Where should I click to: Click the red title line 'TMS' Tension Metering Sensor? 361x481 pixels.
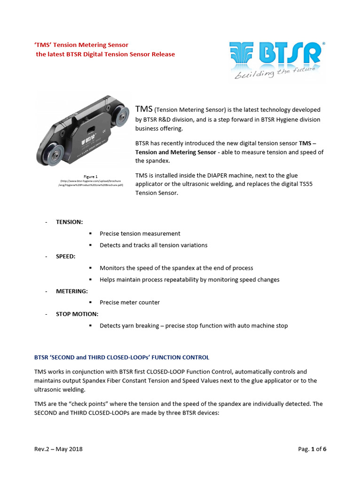81,45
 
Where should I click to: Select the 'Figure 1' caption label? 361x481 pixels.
91,177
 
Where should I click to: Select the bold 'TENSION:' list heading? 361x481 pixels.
70,222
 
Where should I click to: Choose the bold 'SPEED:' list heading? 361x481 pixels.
66,256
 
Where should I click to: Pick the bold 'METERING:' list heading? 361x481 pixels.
72,291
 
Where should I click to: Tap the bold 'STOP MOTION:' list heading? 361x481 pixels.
77,314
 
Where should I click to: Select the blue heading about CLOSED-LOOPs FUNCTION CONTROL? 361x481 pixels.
122,357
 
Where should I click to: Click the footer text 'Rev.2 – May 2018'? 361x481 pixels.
58,449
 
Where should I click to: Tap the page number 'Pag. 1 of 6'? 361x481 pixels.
312,449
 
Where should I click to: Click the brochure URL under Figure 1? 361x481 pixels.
91,183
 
